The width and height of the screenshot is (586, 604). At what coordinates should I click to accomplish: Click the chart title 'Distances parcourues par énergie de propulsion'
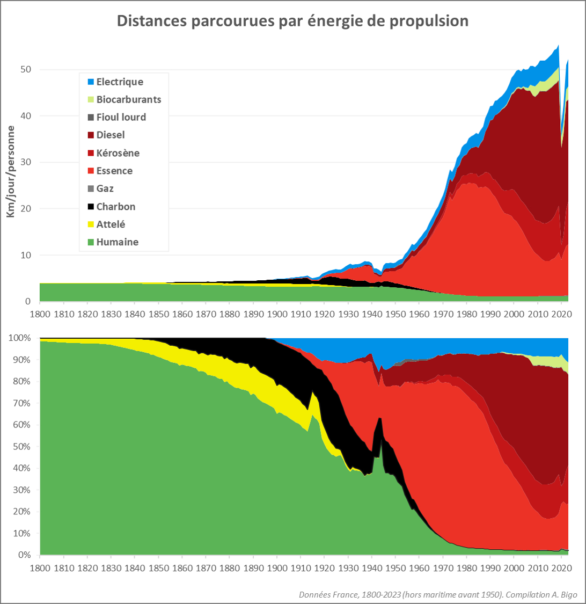pos(292,21)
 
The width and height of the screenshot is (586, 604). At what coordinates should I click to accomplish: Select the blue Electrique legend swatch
pos(91,82)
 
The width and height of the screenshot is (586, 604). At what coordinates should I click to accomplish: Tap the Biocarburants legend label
pos(129,99)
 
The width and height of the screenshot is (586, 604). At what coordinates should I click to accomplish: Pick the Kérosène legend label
pos(118,153)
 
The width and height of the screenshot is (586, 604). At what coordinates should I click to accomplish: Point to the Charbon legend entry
pos(116,207)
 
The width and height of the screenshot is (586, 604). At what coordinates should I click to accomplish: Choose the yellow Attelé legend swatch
pos(91,224)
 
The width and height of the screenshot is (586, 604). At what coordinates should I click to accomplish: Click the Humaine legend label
pos(118,242)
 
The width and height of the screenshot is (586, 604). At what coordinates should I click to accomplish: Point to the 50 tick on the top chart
pos(26,70)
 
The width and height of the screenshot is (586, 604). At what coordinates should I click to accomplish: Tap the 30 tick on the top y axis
pos(26,163)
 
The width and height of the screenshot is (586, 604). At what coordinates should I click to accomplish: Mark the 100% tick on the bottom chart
pos(22,338)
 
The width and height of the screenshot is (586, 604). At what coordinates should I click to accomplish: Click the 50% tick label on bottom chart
pos(24,447)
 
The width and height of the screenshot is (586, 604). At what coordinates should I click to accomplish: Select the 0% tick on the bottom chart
pos(26,555)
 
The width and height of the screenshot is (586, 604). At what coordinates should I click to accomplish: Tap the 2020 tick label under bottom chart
pos(561,567)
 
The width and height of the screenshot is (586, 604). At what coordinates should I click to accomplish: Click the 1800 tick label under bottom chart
pos(40,567)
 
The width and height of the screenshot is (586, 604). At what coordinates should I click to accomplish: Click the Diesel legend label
pos(111,135)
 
